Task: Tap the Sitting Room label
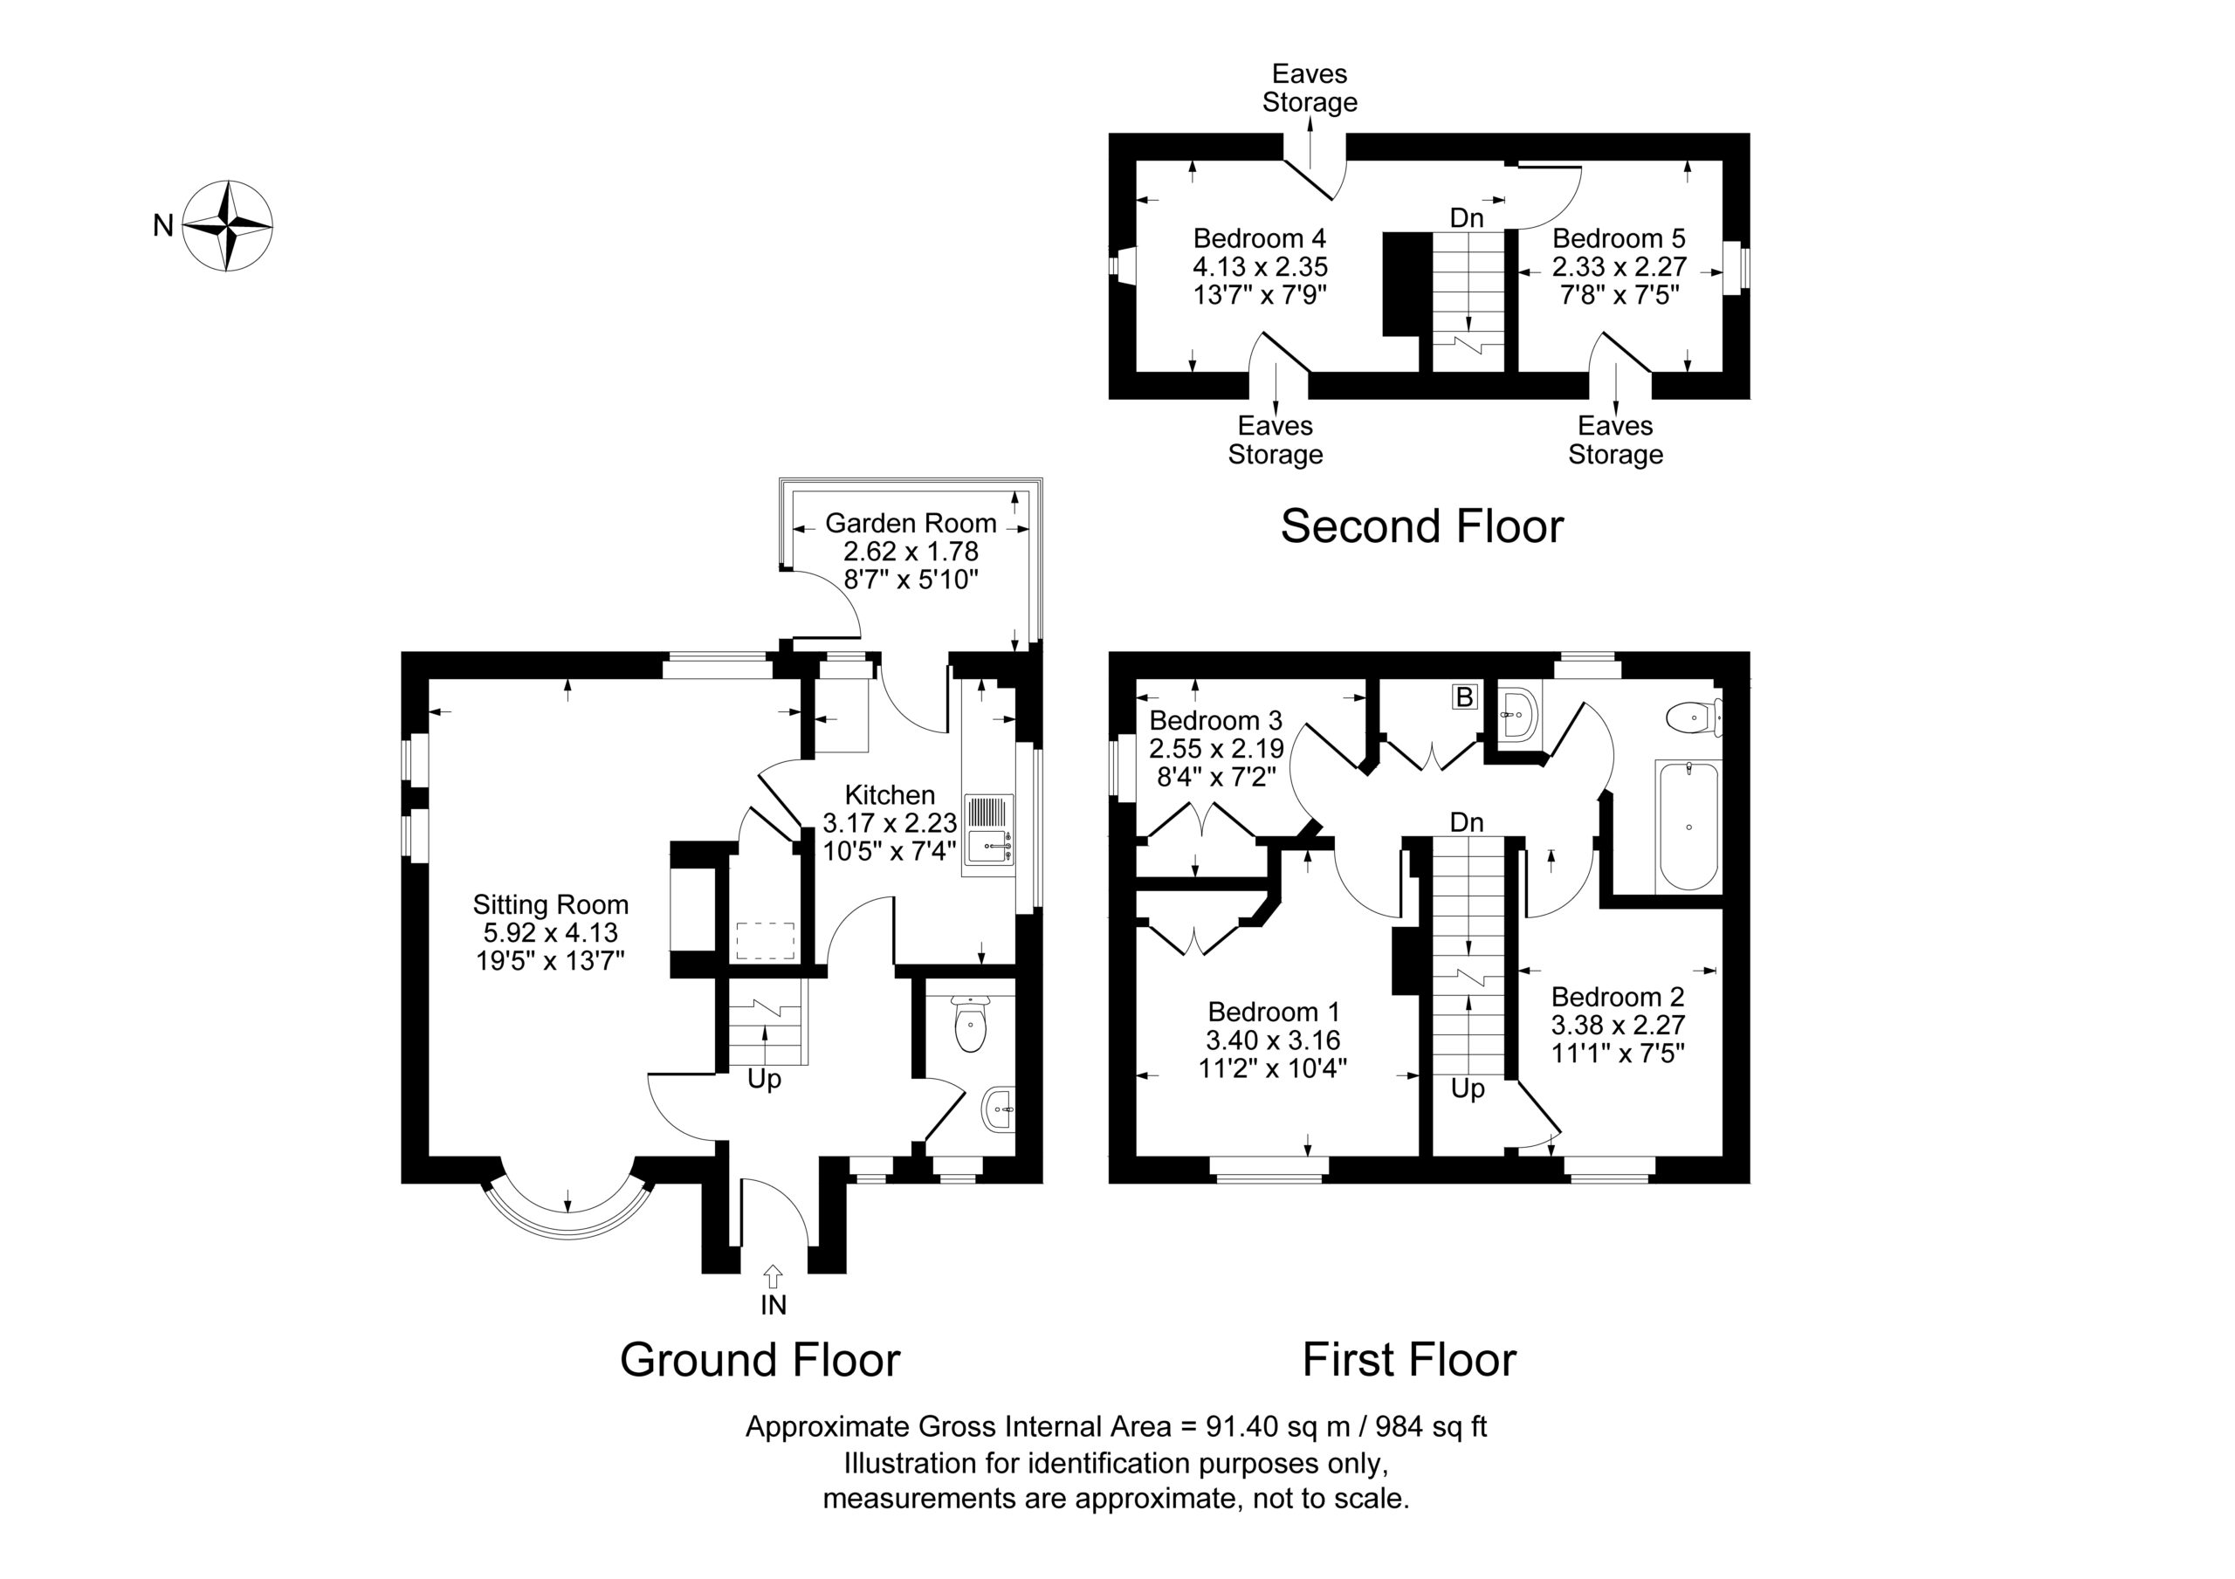(x=551, y=904)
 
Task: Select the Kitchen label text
(x=890, y=794)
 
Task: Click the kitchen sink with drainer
(x=990, y=834)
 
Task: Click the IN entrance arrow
(x=773, y=1276)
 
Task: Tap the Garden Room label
(x=911, y=523)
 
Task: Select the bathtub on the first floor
(x=1688, y=827)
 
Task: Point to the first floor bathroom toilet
(x=1695, y=718)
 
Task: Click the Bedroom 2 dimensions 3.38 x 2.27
(x=1618, y=1024)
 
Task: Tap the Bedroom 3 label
(x=1216, y=720)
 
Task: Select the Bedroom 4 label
(x=1260, y=238)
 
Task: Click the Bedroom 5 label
(x=1619, y=238)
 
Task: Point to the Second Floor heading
(x=1422, y=526)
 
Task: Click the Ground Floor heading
(x=760, y=1360)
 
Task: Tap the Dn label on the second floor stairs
(x=1467, y=218)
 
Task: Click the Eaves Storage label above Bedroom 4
(x=1310, y=87)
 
